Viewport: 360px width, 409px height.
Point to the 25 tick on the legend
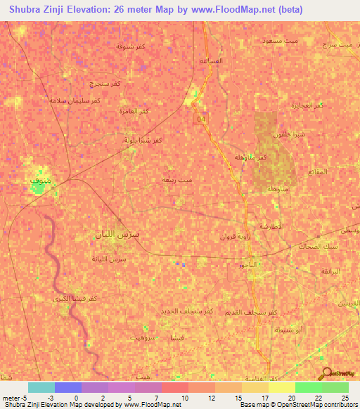pyautogui.click(x=345, y=398)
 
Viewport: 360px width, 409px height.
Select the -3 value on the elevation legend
pyautogui.click(x=51, y=398)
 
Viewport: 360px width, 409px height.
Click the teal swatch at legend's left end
pyautogui.click(x=41, y=387)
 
